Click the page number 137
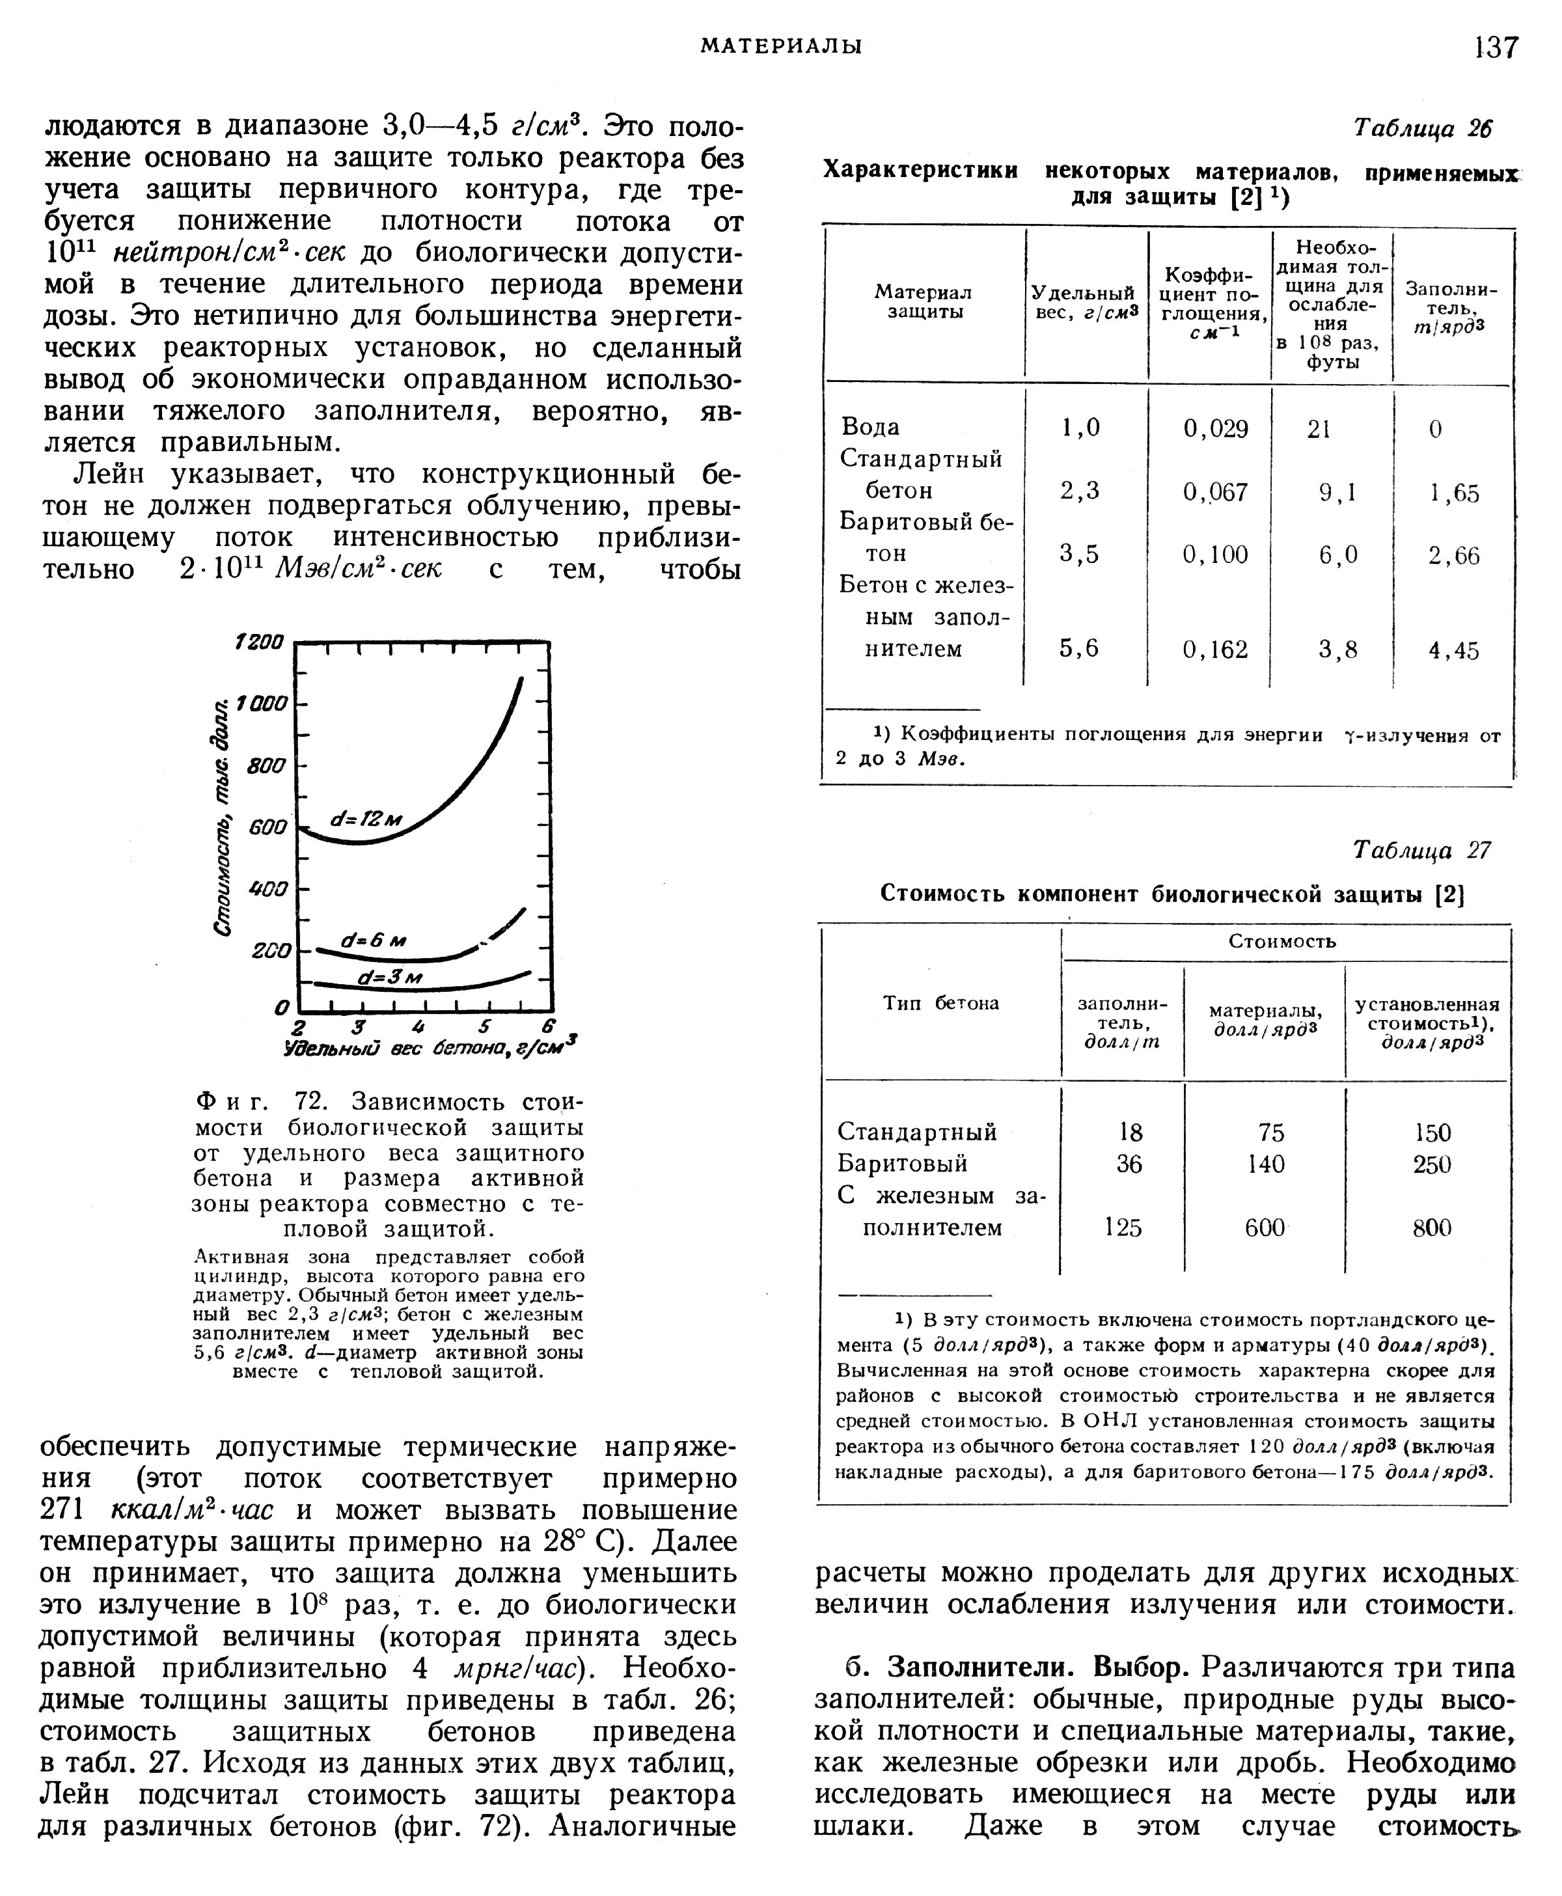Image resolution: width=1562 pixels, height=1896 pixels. pyautogui.click(x=1496, y=47)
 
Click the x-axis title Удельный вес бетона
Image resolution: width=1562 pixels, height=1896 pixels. pyautogui.click(x=430, y=1049)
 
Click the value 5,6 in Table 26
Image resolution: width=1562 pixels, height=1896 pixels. pyautogui.click(x=1080, y=649)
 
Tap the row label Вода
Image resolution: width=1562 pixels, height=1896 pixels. pyautogui.click(x=870, y=426)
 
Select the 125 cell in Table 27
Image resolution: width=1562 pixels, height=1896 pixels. pyautogui.click(x=1123, y=1228)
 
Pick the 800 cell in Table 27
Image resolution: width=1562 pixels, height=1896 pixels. pyautogui.click(x=1432, y=1228)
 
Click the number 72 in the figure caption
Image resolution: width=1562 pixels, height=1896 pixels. pyautogui.click(x=313, y=1101)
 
